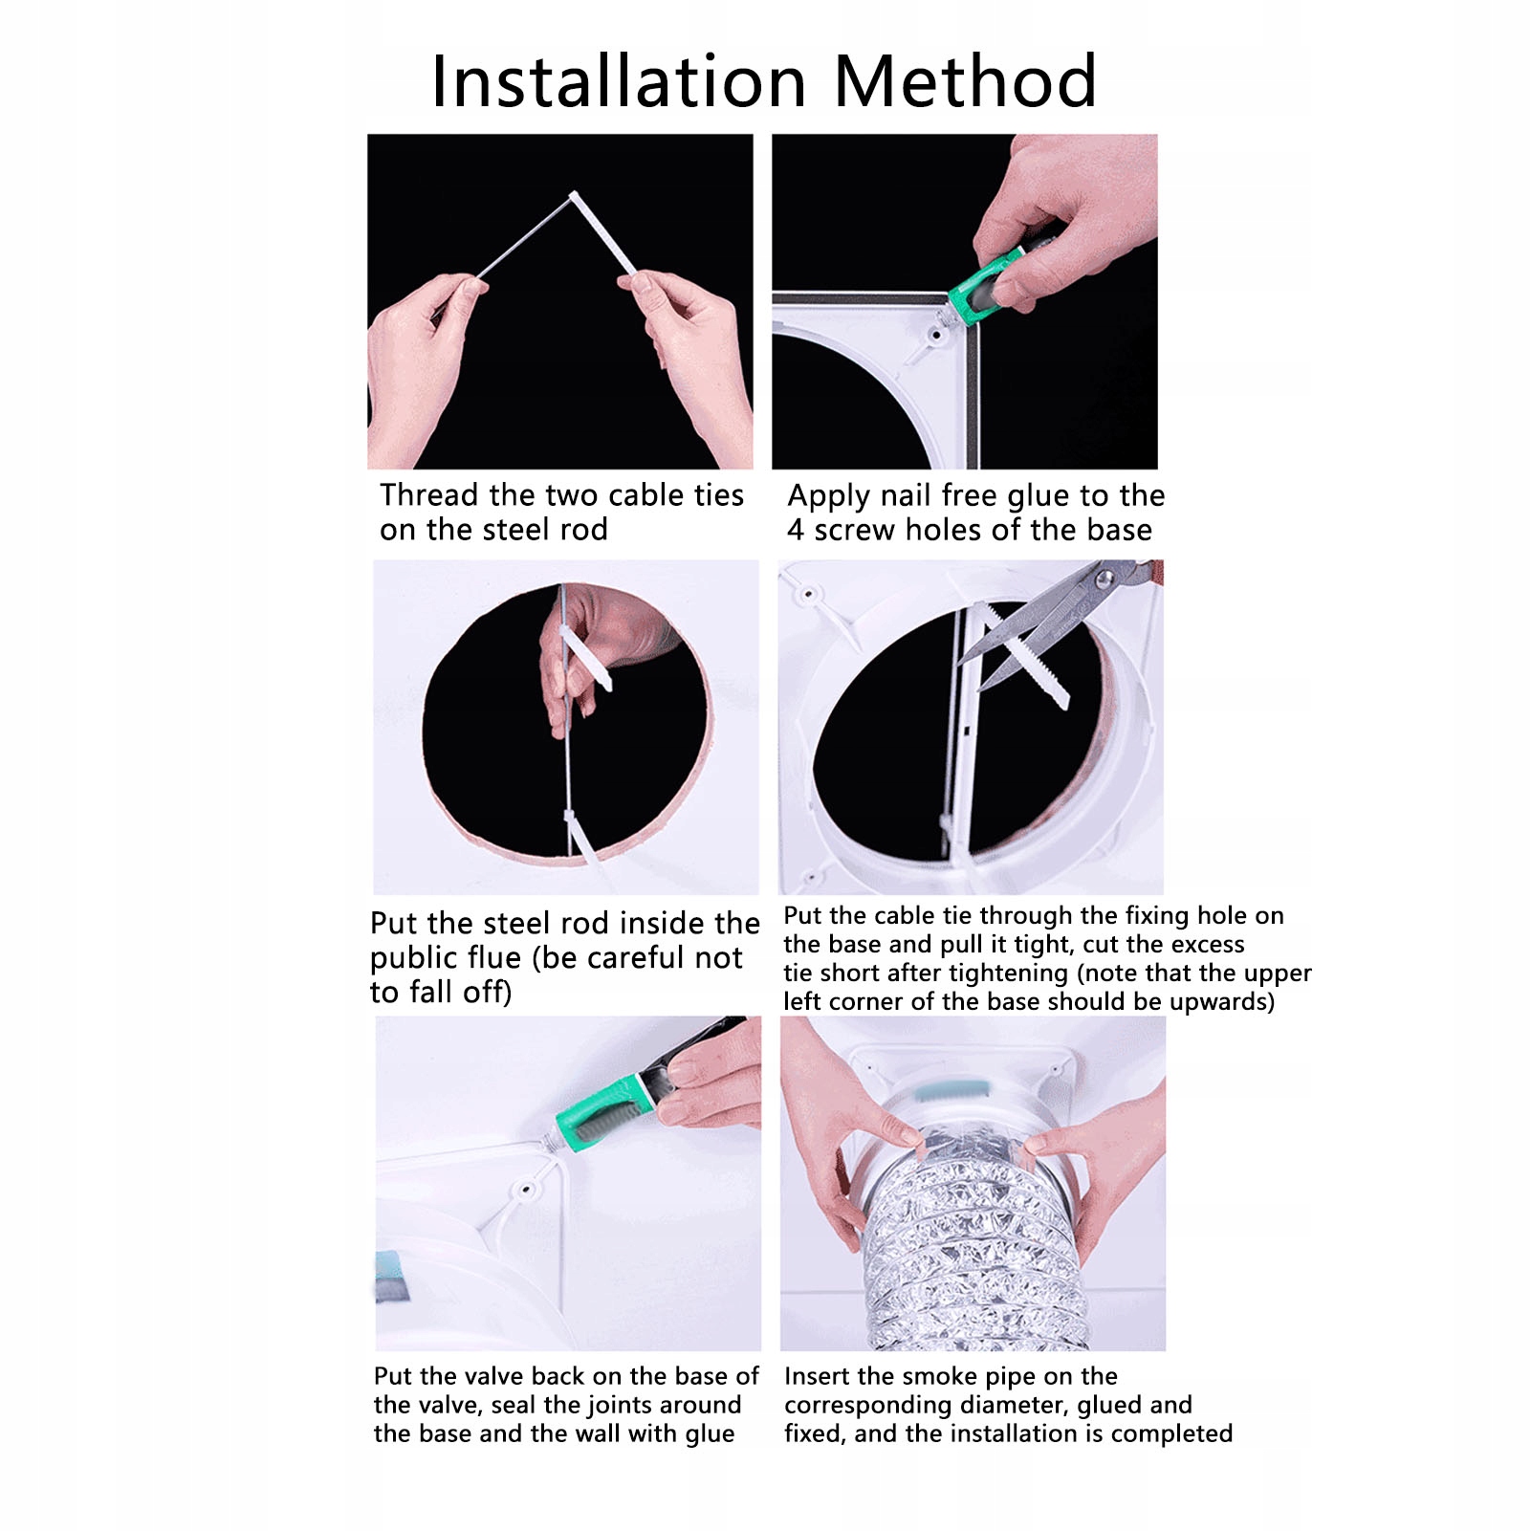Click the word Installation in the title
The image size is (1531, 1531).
point(620,81)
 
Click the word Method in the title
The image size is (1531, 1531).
point(965,81)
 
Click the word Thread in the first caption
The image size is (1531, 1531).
point(429,495)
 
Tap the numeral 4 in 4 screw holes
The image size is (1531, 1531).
point(796,530)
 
